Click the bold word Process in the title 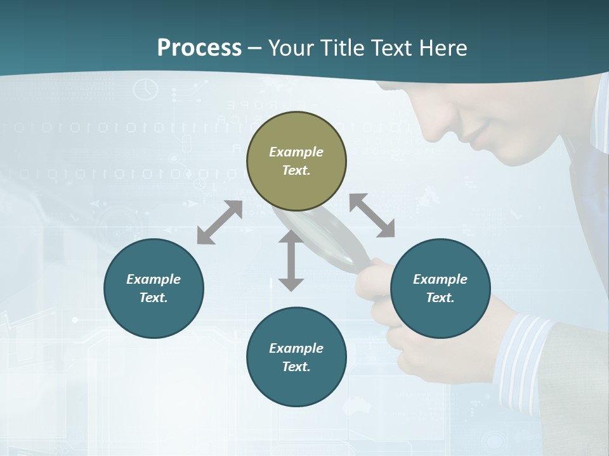(199, 47)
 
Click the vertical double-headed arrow (291, 260)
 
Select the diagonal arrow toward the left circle (219, 222)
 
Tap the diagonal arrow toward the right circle (372, 216)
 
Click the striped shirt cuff (520, 355)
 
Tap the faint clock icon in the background (146, 89)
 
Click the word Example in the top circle (296, 152)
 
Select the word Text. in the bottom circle (296, 367)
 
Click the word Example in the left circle (154, 279)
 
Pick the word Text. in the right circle (440, 298)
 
